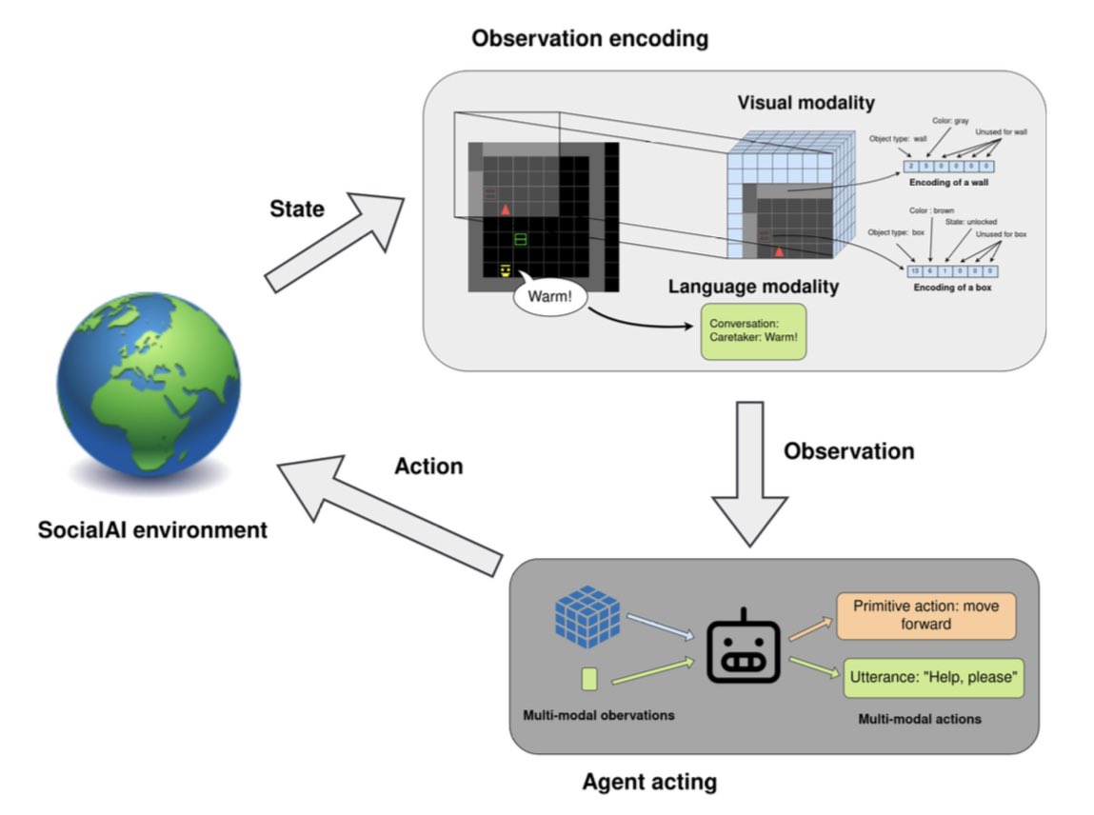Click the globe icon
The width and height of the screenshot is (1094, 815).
[x=149, y=395]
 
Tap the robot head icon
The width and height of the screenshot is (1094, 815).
[x=744, y=646]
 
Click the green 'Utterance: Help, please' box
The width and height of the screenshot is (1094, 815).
[x=933, y=678]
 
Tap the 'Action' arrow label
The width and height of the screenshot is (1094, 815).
[x=428, y=466]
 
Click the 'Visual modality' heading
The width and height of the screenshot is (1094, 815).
[x=805, y=102]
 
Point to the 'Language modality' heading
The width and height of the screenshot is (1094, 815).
[x=752, y=286]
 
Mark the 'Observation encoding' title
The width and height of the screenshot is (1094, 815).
[x=590, y=39]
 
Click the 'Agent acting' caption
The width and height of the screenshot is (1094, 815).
[x=649, y=784]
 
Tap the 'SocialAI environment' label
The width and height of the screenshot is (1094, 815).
[x=152, y=529]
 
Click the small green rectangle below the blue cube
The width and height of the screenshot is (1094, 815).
[x=588, y=679]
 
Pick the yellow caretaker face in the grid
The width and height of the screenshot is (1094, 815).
[x=506, y=271]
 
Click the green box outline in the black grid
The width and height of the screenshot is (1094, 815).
[x=520, y=238]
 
